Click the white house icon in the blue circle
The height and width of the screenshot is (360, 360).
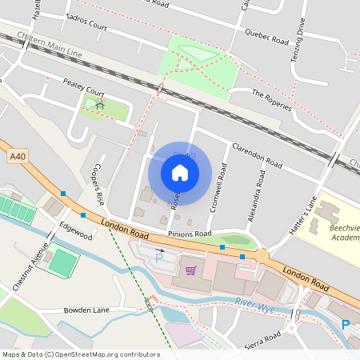[180, 172]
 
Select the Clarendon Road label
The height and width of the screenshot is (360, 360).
[256, 154]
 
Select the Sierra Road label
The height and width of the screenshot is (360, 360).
[263, 341]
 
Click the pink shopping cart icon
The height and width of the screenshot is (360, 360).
[190, 270]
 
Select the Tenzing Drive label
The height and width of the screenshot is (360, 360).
[300, 39]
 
